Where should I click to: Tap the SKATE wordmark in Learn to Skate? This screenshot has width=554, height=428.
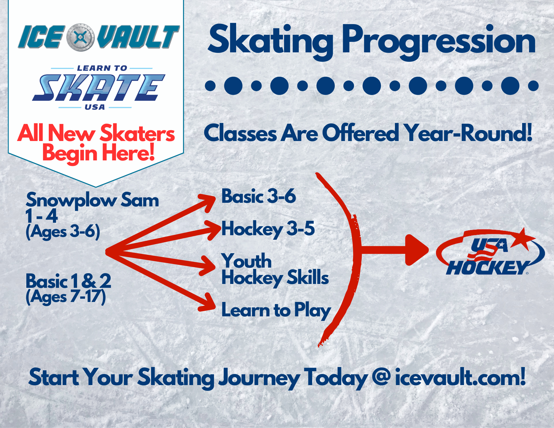(99, 88)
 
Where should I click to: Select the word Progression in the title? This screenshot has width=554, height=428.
(439, 42)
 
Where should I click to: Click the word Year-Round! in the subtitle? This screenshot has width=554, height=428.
(468, 133)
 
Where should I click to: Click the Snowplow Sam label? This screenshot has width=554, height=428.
(92, 200)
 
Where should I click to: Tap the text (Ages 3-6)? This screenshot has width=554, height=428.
(63, 231)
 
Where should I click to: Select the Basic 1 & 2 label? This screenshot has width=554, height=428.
(68, 281)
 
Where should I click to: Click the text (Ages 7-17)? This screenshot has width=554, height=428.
(66, 297)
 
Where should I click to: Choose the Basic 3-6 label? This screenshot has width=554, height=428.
(259, 196)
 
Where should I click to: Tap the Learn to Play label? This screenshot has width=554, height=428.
(276, 310)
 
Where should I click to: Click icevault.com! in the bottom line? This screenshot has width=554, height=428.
(460, 377)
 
